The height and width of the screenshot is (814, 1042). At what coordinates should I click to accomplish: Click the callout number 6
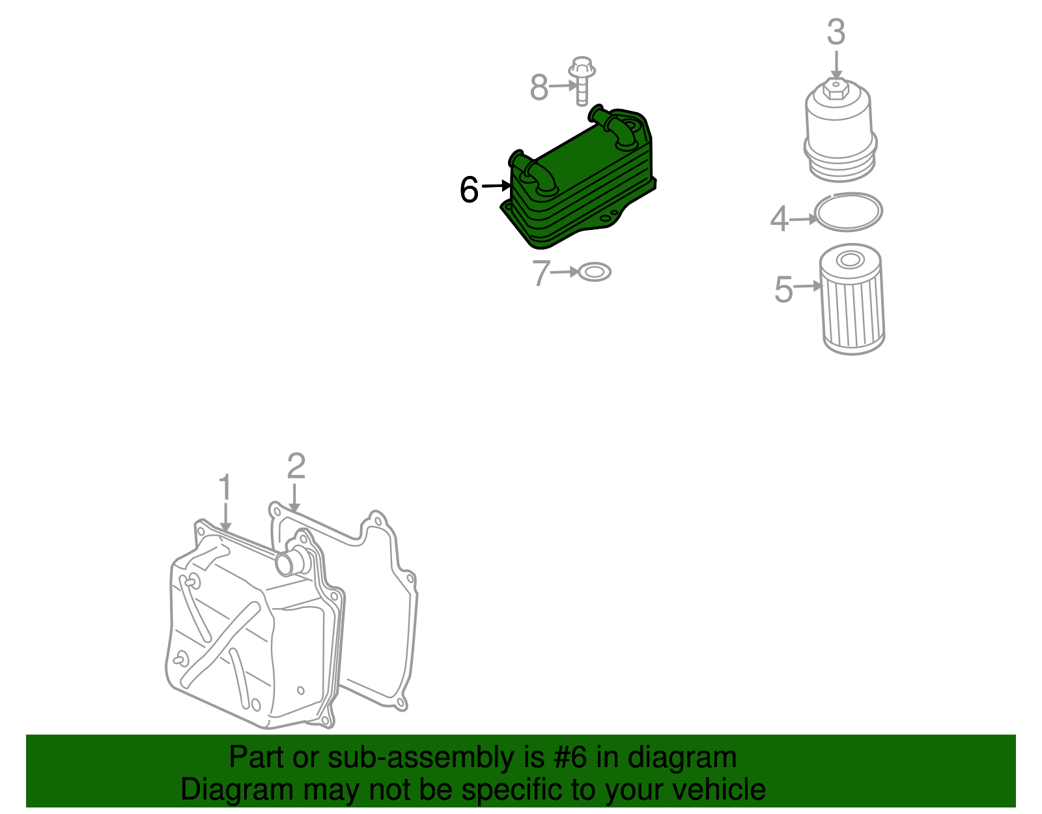coord(469,189)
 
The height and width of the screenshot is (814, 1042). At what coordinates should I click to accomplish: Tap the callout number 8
coord(539,87)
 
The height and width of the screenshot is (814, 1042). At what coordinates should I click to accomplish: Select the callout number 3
coord(836,32)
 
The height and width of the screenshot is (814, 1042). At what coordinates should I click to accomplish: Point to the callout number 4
coord(780,219)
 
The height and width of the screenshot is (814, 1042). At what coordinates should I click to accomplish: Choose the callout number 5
coord(784,289)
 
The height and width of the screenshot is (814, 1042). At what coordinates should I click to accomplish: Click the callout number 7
coord(541,273)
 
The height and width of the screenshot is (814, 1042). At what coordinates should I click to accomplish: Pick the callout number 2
coord(296,466)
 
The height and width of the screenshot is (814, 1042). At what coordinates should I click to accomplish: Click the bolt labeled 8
coord(582,81)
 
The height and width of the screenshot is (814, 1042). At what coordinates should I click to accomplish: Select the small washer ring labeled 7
coord(595,272)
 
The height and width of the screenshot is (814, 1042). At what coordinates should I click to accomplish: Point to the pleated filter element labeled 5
coord(852,300)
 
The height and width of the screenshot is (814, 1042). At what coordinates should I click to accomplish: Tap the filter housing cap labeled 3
coord(839,130)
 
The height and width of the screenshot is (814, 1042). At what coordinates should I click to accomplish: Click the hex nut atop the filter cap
coord(836,89)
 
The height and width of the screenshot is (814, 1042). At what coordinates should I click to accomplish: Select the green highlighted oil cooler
coord(578,177)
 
